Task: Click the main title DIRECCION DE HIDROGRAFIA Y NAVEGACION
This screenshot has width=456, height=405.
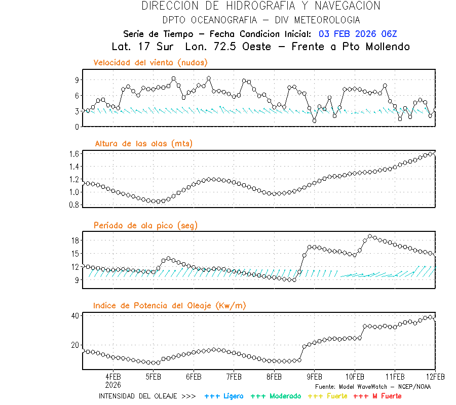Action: point(261,6)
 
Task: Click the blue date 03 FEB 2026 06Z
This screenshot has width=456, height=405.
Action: point(358,34)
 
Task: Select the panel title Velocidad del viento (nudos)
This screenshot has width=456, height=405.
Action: point(150,63)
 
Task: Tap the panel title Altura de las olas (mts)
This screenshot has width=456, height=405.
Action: point(144,144)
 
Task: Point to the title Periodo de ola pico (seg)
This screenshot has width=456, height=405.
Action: point(145,225)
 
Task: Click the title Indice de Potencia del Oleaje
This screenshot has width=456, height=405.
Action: point(170,305)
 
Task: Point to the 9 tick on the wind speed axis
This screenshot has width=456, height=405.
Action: point(75,80)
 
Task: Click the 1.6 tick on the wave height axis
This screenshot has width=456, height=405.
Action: point(74,153)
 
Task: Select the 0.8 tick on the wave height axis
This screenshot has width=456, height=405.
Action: point(74,205)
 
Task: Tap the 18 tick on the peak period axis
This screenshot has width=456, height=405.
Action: point(74,240)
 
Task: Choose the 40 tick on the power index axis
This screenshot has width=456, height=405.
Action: point(74,315)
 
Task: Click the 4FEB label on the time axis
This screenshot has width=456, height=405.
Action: point(113,377)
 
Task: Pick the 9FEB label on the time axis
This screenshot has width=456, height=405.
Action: point(314,377)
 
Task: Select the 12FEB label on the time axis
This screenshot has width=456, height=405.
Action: point(435,377)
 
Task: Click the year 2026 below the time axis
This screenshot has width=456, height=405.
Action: point(113,384)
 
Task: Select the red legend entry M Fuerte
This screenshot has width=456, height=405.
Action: point(384,396)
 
